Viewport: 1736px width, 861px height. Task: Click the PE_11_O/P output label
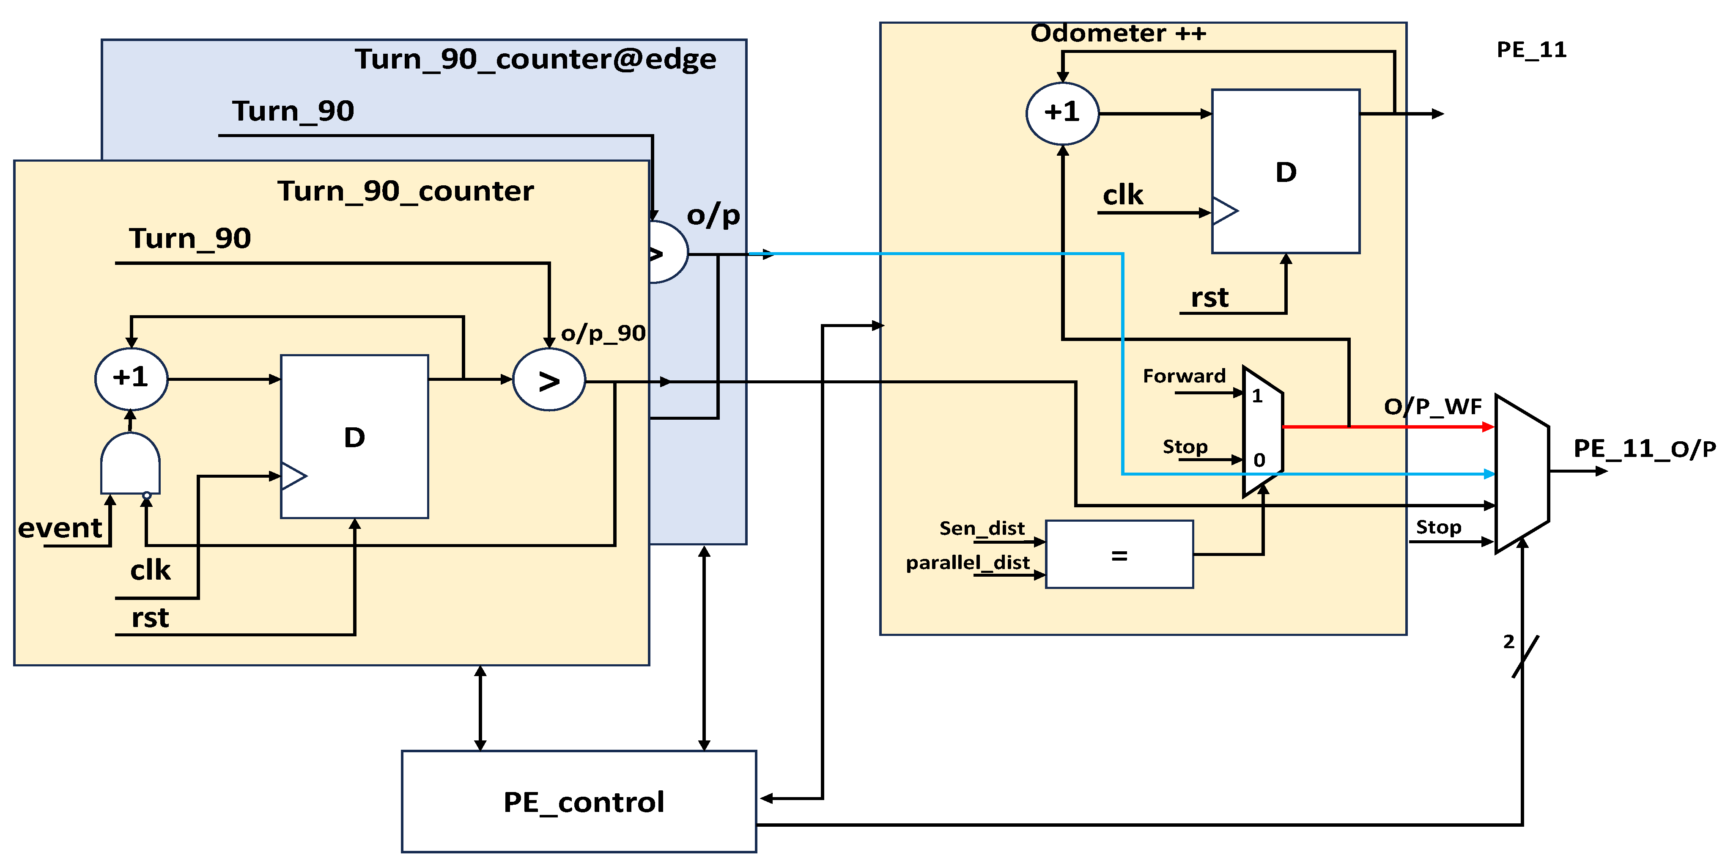point(1644,448)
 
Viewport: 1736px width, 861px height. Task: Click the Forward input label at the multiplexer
point(1184,376)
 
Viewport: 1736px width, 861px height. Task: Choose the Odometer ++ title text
point(1118,33)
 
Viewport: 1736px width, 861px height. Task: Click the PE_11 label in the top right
point(1531,50)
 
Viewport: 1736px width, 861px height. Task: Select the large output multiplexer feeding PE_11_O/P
point(1522,473)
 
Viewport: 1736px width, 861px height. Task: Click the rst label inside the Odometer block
point(1209,297)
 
